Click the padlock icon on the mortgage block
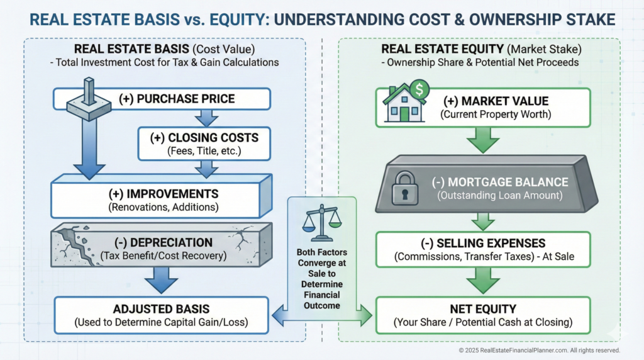pos(404,188)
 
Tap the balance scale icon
pos(322,223)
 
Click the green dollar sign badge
pos(419,89)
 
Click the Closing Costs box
pos(204,144)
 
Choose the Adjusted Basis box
pos(162,315)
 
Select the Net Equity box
pos(483,315)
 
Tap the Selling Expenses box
pos(483,249)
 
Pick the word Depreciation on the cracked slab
pos(171,242)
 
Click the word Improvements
pos(172,194)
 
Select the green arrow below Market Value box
pos(483,140)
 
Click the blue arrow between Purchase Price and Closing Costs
pos(206,118)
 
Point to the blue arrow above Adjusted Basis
pos(161,280)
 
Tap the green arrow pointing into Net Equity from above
pos(483,281)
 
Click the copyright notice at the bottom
pos(539,351)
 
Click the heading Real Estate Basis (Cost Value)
pos(164,49)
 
